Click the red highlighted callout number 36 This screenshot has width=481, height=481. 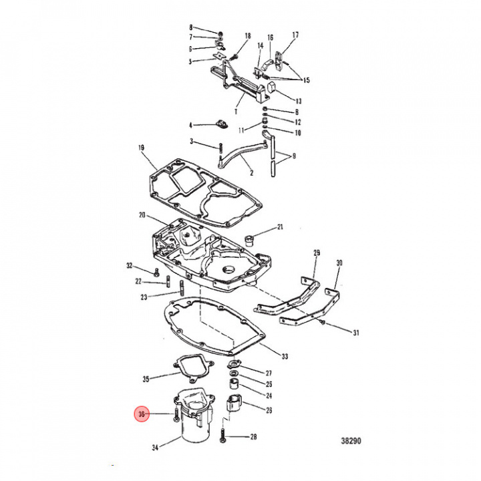click(x=141, y=415)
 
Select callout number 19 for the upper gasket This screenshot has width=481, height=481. click(x=141, y=148)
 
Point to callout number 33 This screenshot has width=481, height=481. click(x=285, y=356)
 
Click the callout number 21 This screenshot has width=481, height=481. click(x=280, y=227)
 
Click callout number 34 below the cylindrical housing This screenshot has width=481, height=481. click(x=156, y=448)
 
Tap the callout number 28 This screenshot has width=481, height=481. click(x=253, y=438)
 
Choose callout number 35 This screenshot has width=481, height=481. click(x=146, y=379)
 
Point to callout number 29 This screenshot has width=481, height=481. click(x=317, y=253)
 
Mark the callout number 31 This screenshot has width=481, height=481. click(x=355, y=333)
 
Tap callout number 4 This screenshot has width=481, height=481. click(x=190, y=125)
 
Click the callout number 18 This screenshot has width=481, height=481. click(x=247, y=35)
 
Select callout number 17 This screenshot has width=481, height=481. click(x=295, y=35)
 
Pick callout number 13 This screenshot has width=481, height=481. click(x=298, y=101)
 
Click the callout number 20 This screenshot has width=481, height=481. click(x=142, y=214)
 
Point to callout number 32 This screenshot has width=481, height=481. click(x=130, y=266)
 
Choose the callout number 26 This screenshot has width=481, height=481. click(x=269, y=410)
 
